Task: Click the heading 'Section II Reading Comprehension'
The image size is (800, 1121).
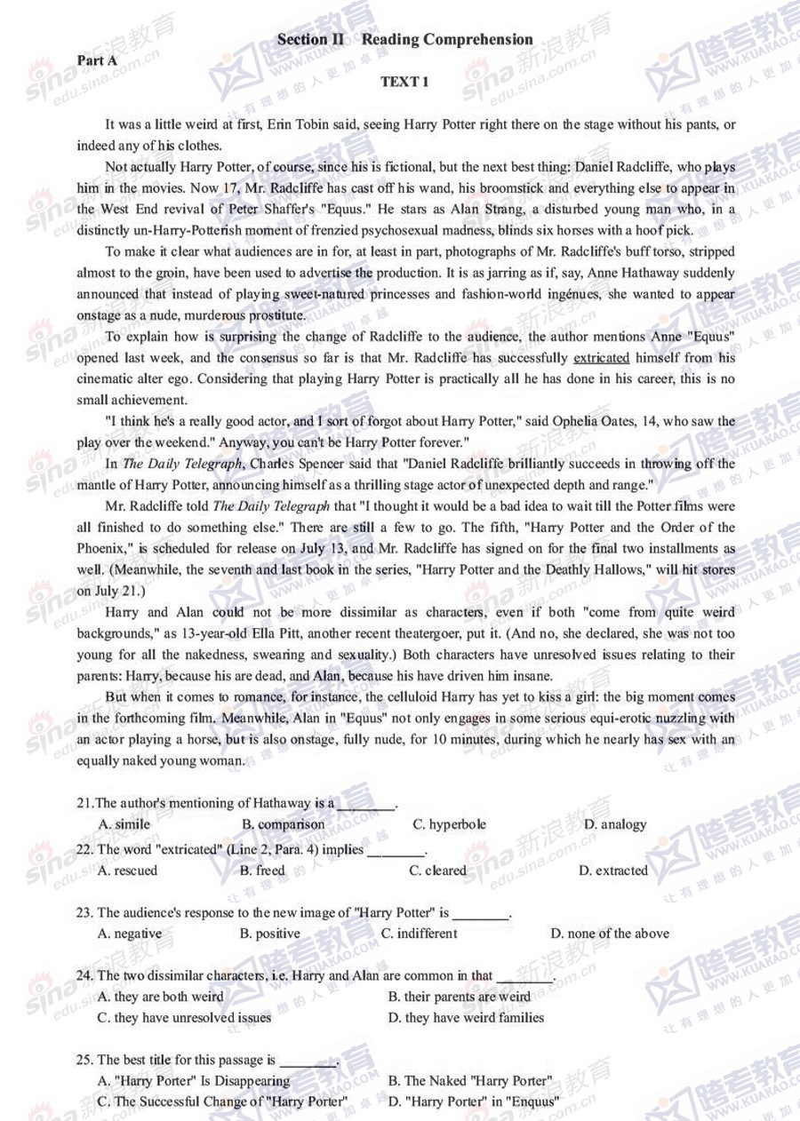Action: coord(404,39)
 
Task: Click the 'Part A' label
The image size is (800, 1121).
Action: coord(97,60)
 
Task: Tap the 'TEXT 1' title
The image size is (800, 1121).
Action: coord(404,82)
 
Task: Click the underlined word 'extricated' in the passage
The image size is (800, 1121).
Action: coord(602,358)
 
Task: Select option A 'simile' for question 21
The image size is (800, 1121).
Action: coord(124,824)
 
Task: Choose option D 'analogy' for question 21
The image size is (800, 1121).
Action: coord(615,824)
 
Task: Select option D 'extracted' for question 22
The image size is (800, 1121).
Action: coord(613,871)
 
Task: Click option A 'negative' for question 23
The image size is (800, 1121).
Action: coord(130,934)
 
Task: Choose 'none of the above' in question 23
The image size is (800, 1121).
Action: coord(610,934)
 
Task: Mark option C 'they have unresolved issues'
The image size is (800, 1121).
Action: coord(184,1018)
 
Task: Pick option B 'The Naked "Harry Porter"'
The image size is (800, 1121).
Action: coord(470,1081)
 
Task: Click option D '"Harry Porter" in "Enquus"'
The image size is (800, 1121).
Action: coord(474,1102)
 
